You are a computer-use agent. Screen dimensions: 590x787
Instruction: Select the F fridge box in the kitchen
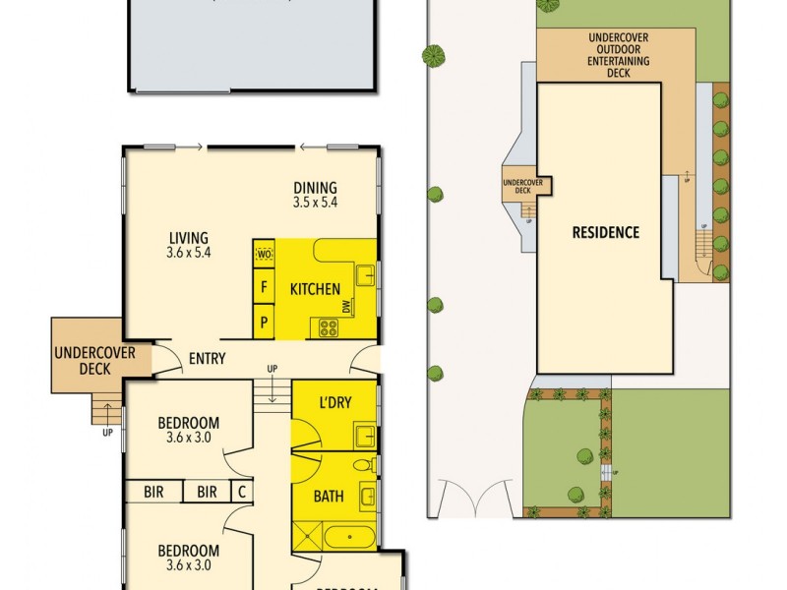click(264, 288)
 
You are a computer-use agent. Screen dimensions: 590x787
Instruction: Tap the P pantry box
click(264, 322)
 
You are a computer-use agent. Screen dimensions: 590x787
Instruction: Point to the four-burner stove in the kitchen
click(325, 328)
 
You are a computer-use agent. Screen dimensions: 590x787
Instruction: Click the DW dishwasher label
click(346, 309)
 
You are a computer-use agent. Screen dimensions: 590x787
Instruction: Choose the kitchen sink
click(365, 274)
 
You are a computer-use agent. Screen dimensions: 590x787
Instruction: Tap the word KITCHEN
click(315, 290)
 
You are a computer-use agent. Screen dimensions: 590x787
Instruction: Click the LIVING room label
click(188, 238)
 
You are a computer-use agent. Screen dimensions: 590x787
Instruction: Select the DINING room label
click(315, 188)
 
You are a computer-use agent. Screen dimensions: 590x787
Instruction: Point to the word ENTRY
click(207, 360)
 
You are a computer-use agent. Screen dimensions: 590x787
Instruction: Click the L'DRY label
click(335, 404)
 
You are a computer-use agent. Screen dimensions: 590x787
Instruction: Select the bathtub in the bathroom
click(348, 537)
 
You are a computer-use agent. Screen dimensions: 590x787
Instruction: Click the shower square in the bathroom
click(307, 536)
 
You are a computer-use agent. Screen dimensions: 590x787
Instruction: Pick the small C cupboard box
click(240, 492)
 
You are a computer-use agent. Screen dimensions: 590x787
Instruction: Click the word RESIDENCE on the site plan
click(606, 233)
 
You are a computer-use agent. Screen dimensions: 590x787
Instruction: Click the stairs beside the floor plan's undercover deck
click(105, 408)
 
